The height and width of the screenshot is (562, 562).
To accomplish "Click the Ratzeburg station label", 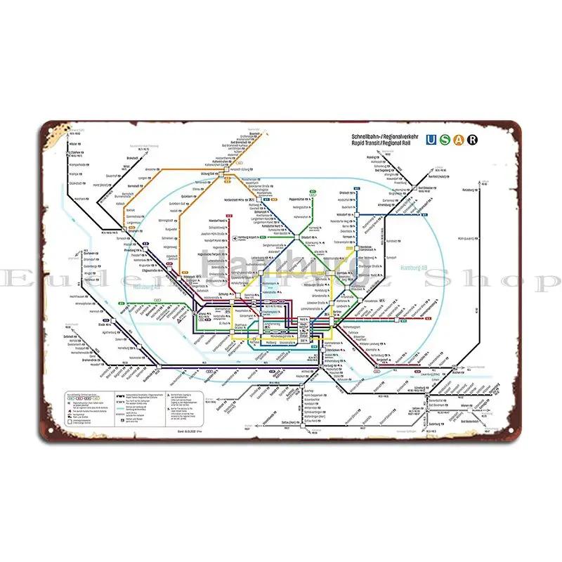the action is coord(490,188).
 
